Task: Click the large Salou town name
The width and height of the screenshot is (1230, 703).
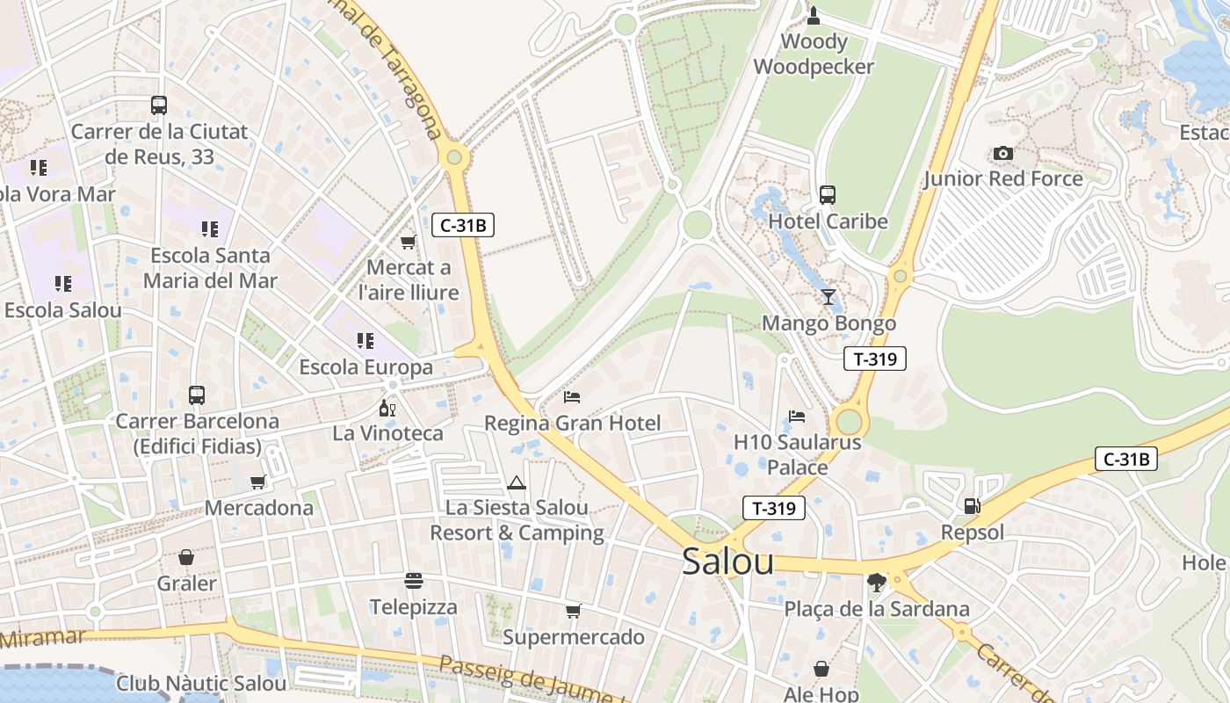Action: point(727,562)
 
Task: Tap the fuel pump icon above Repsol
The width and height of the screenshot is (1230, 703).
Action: point(972,505)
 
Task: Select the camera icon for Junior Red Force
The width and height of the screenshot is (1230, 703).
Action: point(1002,154)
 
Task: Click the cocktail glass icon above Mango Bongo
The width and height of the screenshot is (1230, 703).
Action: point(828,296)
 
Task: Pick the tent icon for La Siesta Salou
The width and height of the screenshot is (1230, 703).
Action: point(516,482)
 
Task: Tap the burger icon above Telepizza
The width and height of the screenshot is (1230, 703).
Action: point(413,580)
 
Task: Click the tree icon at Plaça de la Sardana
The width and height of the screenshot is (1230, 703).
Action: point(876,582)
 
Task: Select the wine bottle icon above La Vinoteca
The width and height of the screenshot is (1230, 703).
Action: point(387,408)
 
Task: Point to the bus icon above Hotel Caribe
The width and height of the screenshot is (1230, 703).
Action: point(827,195)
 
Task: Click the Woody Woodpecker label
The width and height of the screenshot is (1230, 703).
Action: point(814,54)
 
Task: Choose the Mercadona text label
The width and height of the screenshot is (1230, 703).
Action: point(258,508)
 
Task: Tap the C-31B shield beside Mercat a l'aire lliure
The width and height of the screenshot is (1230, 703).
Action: point(463,225)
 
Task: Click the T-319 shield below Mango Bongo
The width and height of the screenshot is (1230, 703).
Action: point(874,359)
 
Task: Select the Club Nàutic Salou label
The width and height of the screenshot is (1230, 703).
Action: point(201,683)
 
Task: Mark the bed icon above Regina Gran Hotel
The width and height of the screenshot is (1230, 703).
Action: point(572,397)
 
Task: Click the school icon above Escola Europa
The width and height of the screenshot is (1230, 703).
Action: point(365,340)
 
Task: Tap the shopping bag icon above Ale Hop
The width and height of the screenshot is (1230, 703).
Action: point(821,669)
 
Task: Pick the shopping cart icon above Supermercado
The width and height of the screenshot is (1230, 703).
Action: point(573,611)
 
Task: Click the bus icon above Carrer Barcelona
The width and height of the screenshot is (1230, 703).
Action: point(197,395)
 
